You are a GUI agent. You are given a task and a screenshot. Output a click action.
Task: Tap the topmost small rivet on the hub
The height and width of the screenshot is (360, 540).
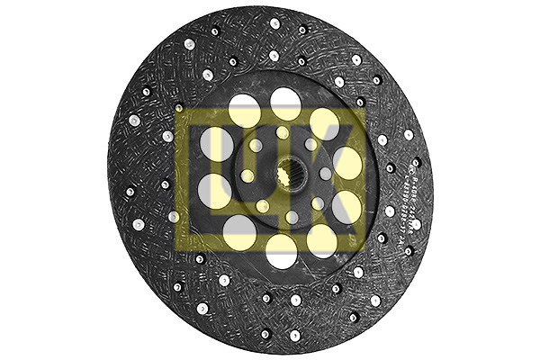pyautogui.click(x=282, y=133)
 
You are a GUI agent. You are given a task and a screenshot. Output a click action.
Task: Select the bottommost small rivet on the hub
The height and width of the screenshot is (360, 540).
pyautogui.click(x=292, y=217)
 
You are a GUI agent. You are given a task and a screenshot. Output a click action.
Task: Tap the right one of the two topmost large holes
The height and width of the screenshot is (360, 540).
pyautogui.click(x=286, y=103)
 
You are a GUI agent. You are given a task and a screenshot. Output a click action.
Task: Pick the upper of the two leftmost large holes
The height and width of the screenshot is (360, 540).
pyautogui.click(x=216, y=143)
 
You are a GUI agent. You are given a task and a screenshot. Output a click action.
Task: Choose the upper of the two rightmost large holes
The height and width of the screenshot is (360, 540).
pyautogui.click(x=346, y=162)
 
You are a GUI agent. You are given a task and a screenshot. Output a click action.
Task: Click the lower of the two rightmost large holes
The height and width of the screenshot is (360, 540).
pyautogui.click(x=346, y=209)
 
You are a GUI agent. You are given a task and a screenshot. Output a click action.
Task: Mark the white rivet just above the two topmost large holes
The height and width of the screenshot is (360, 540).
pyautogui.click(x=274, y=56)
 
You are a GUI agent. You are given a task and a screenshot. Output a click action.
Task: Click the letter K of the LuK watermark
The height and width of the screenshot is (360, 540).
pyautogui.click(x=333, y=175)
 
